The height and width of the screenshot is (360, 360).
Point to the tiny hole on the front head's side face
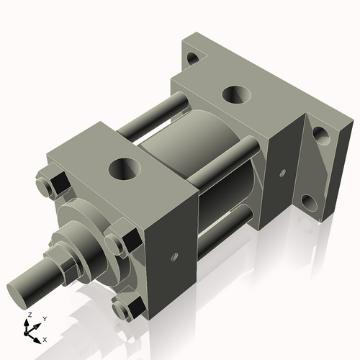coord(174,253)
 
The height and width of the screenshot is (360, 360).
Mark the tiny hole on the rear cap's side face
coord(282,172)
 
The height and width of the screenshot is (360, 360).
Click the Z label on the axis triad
coord(29,315)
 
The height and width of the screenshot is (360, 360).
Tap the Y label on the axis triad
coord(45,318)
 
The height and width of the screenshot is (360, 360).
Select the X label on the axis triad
coord(45,338)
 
